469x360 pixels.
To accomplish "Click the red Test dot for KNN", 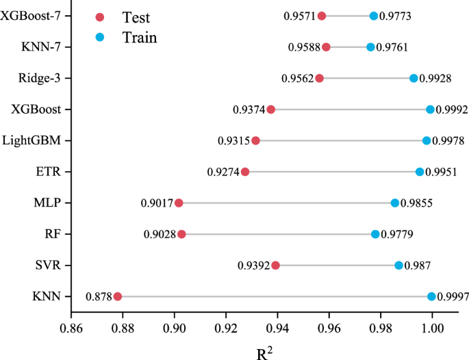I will click(x=117, y=296).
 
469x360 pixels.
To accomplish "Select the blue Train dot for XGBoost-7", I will click(x=373, y=16).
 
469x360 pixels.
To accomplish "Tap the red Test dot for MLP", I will click(x=179, y=203).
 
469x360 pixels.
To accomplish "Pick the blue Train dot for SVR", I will click(x=398, y=265).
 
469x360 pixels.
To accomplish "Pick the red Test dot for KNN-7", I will click(x=326, y=47).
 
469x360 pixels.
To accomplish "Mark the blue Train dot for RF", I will click(x=375, y=234).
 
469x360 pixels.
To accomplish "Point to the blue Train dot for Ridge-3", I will click(x=414, y=78).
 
